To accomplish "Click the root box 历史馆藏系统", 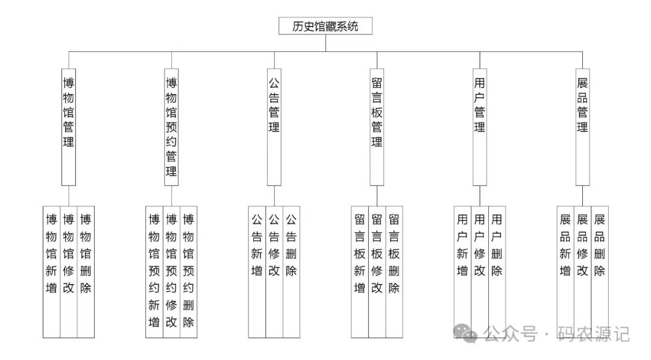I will coord(325,26).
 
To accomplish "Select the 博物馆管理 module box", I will coord(69,126).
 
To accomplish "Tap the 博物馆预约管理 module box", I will coord(171,126).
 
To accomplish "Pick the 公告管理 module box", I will coord(274,126).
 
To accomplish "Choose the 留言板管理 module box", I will coord(377,126).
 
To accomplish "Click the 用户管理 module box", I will coord(480,126).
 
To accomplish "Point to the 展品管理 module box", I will coord(582,126).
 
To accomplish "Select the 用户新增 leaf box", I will coord(462,265).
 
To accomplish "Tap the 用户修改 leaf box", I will coord(480,265).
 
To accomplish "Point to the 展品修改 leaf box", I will coord(582,265).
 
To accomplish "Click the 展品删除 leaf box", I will coord(600,265).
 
